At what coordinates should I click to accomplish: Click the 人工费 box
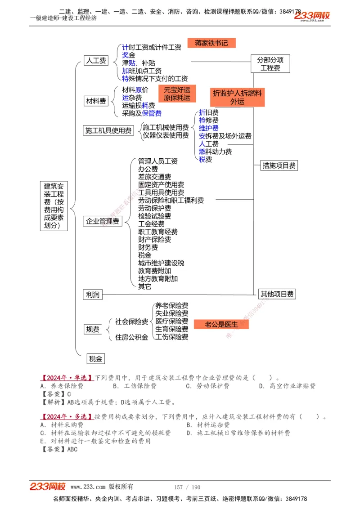pyautogui.click(x=96, y=60)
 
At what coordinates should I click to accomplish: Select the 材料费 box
pyautogui.click(x=96, y=101)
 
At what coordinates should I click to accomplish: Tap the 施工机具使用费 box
pyautogui.click(x=108, y=130)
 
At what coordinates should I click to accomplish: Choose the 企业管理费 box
pyautogui.click(x=103, y=221)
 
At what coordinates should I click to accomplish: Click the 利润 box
pyautogui.click(x=93, y=295)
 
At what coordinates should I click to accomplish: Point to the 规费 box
pyautogui.click(x=93, y=330)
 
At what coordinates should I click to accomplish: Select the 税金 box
pyautogui.click(x=96, y=358)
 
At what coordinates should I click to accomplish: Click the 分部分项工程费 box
pyautogui.click(x=270, y=64)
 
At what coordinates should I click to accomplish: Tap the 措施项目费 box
pyautogui.click(x=279, y=165)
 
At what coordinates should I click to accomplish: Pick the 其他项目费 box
pyautogui.click(x=277, y=295)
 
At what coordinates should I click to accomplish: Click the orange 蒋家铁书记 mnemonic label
pyautogui.click(x=211, y=43)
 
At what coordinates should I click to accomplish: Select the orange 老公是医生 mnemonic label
pyautogui.click(x=221, y=324)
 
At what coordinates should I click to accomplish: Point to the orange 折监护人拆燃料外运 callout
pyautogui.click(x=237, y=97)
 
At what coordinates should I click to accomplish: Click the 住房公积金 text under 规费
pyautogui.click(x=132, y=337)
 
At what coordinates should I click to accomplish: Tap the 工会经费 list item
pyautogui.click(x=151, y=224)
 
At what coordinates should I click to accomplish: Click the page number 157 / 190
pyautogui.click(x=187, y=487)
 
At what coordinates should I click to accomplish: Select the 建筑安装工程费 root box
pyautogui.click(x=54, y=206)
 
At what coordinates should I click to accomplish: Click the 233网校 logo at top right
pyautogui.click(x=312, y=16)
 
